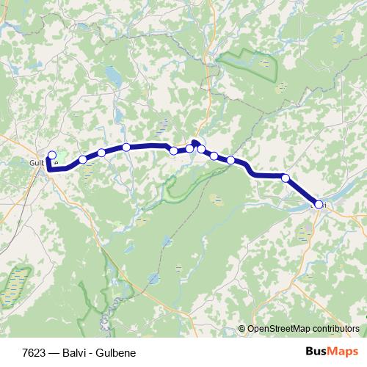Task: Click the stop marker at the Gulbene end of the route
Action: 51,155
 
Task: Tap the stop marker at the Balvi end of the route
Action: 319,205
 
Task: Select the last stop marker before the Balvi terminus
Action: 285,178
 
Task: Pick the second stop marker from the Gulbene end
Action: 82,159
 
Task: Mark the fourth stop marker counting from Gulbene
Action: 126,148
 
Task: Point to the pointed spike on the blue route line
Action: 195,141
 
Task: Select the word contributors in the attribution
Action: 337,329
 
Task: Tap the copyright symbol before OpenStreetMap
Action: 242,329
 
